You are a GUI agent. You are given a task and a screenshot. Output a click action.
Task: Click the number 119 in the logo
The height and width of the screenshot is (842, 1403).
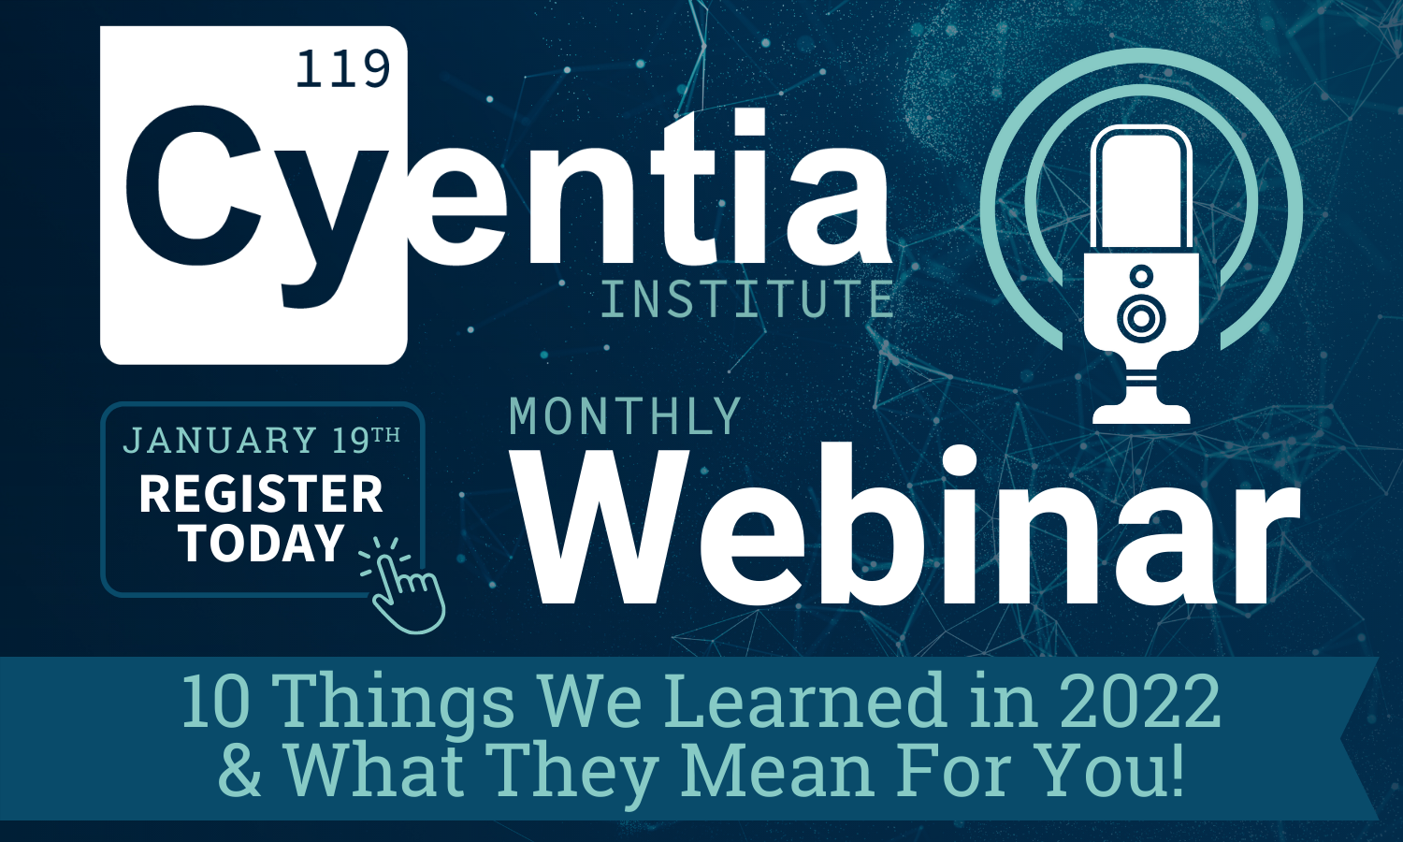tap(343, 68)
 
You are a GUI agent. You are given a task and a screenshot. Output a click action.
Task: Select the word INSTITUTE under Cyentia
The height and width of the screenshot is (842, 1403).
tap(746, 298)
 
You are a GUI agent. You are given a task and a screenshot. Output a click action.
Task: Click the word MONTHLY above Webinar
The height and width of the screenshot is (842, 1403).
tap(625, 416)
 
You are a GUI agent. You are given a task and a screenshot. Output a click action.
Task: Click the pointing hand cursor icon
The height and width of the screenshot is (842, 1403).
tap(404, 584)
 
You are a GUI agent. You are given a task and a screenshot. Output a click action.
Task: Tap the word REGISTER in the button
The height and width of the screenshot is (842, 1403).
tap(261, 494)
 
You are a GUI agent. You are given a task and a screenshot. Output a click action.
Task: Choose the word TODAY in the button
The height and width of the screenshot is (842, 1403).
tap(263, 543)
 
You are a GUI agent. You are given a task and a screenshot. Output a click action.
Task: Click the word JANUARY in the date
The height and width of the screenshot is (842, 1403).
tap(220, 440)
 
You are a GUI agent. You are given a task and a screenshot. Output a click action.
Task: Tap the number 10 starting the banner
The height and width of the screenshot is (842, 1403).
tap(216, 701)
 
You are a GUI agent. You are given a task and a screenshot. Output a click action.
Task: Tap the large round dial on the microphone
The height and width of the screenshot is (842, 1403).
tap(1141, 318)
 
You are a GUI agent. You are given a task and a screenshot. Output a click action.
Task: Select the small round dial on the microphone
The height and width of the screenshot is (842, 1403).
tap(1141, 276)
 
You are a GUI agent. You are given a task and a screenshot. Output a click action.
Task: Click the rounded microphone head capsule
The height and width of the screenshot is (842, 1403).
tap(1141, 188)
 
